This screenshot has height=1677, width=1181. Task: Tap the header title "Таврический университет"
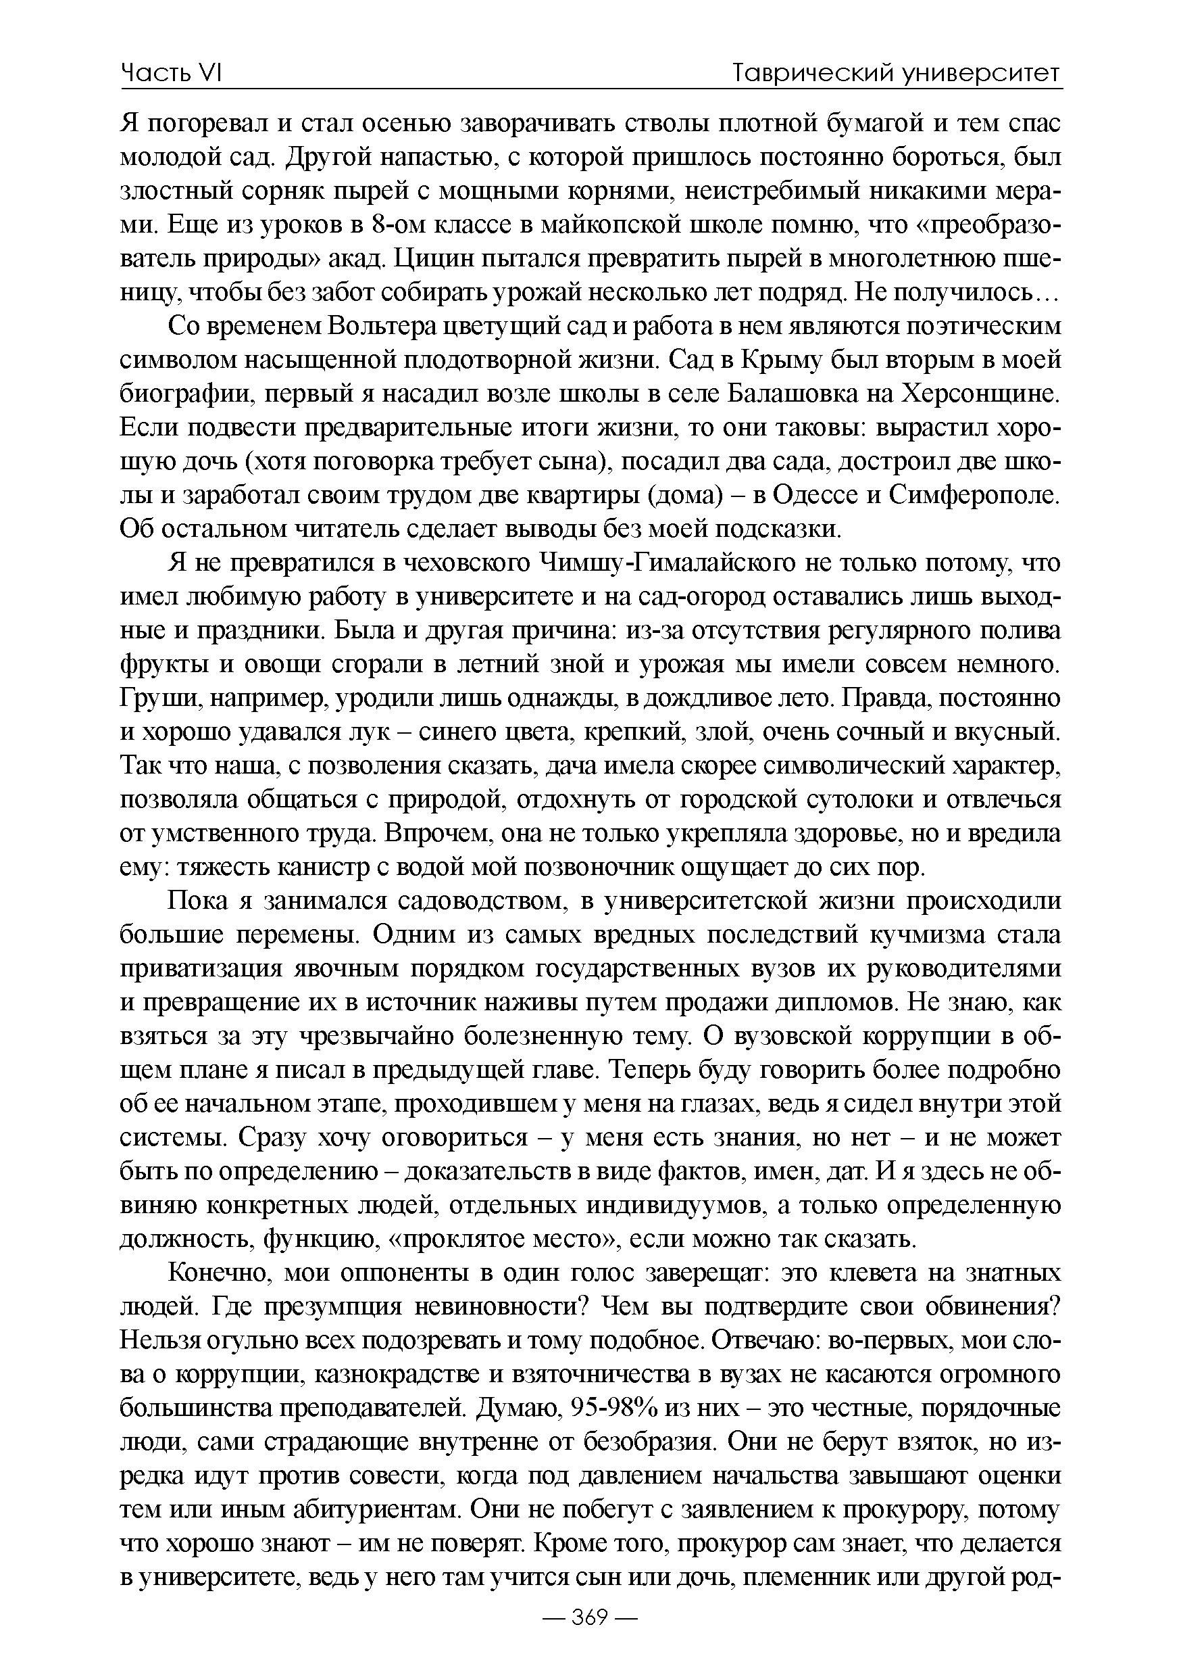(x=896, y=73)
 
